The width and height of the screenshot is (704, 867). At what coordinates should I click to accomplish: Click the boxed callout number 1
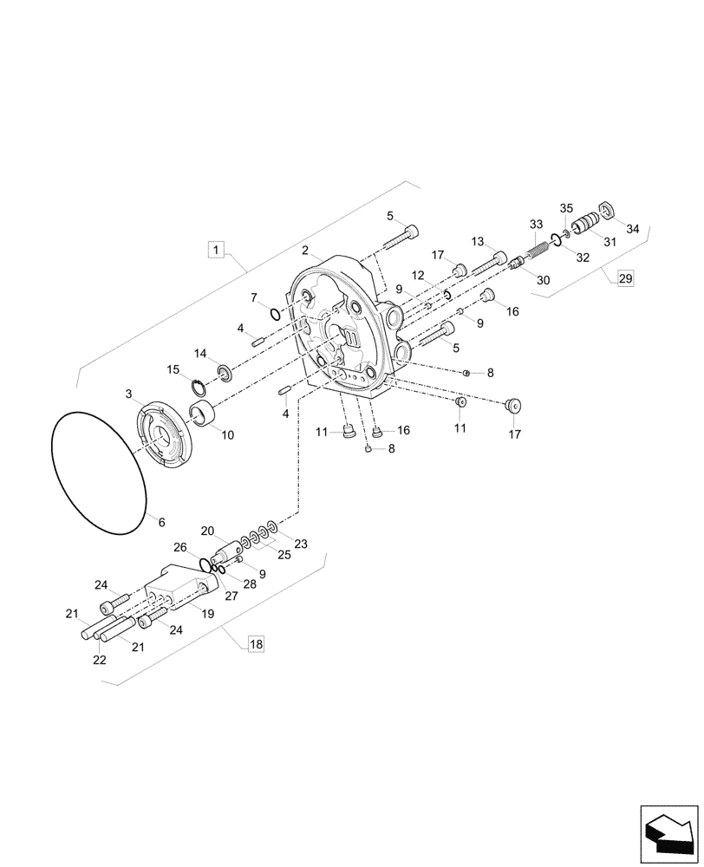[217, 251]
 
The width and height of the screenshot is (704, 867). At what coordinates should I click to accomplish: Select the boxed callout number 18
[255, 643]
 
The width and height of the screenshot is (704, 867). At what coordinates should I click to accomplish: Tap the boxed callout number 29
[625, 278]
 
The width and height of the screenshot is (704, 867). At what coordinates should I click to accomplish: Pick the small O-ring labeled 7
[274, 314]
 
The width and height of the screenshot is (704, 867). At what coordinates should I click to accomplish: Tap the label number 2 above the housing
[305, 251]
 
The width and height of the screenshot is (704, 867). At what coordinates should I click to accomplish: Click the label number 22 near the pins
[100, 660]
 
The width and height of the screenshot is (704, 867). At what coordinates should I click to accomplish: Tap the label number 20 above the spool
[207, 531]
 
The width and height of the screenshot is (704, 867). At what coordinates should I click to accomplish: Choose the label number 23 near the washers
[300, 544]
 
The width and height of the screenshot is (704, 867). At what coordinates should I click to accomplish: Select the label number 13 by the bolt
[478, 241]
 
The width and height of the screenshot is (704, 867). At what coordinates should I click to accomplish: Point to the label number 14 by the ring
[200, 353]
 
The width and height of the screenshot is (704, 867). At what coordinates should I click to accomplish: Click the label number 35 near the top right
[565, 208]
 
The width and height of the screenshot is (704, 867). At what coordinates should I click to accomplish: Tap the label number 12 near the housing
[418, 275]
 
